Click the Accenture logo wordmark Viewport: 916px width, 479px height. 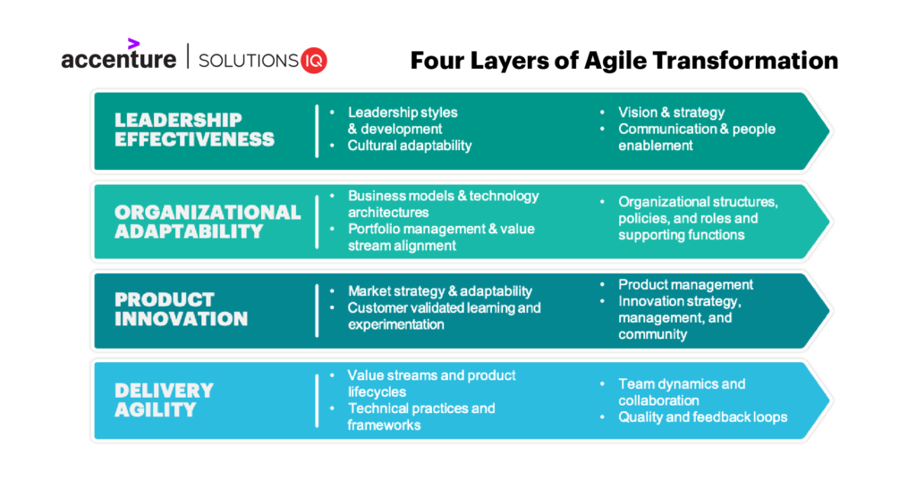[x=118, y=60]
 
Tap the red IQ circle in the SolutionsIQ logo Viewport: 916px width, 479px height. [x=314, y=61]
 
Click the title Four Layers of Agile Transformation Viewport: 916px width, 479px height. [x=623, y=60]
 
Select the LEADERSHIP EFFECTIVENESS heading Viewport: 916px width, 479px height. [x=194, y=130]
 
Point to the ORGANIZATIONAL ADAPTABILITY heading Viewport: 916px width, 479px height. [x=208, y=222]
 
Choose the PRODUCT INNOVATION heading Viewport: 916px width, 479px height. [x=181, y=309]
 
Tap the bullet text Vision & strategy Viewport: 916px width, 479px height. [x=671, y=113]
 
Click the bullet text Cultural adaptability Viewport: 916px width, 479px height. [x=409, y=146]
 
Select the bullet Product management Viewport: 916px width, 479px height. [x=685, y=284]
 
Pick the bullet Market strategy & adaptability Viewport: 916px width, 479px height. [x=439, y=290]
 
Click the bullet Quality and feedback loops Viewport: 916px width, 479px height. [x=702, y=417]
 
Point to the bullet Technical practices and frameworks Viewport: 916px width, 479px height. [x=420, y=416]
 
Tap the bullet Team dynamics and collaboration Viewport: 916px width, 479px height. [x=681, y=392]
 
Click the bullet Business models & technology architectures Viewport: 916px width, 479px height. [x=443, y=204]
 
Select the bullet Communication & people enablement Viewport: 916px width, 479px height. [x=696, y=137]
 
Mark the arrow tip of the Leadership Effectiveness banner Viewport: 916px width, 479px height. [x=826, y=130]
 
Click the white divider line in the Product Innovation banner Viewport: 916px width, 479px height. [x=317, y=309]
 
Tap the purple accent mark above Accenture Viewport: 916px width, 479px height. [x=133, y=43]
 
